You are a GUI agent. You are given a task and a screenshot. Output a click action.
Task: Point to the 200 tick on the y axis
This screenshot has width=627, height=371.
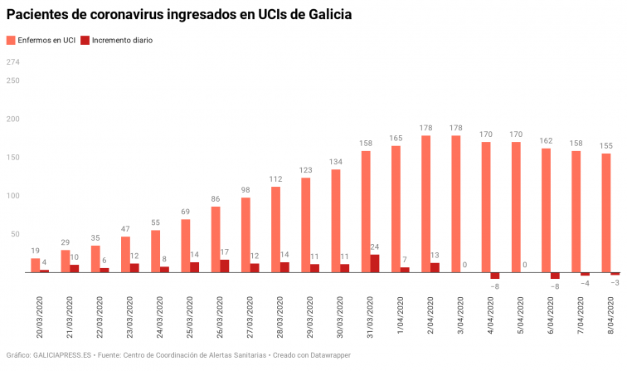tap(13, 120)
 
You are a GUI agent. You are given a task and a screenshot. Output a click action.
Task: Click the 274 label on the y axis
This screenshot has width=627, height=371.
tap(13, 62)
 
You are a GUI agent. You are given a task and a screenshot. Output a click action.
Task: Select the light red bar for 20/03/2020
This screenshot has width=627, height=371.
tap(36, 266)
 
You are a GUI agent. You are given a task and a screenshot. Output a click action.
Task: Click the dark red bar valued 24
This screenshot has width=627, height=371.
tap(375, 263)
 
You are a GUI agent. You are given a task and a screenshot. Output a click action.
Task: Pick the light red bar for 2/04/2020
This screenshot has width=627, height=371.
tap(425, 204)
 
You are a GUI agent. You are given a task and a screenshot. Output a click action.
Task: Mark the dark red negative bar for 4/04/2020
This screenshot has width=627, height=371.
tap(495, 276)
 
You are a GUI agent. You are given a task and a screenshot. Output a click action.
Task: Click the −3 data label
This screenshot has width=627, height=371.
tap(615, 283)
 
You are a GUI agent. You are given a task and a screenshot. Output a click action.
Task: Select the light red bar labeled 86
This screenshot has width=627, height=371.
tap(216, 239)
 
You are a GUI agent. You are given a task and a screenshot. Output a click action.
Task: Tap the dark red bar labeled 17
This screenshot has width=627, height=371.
tap(225, 266)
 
